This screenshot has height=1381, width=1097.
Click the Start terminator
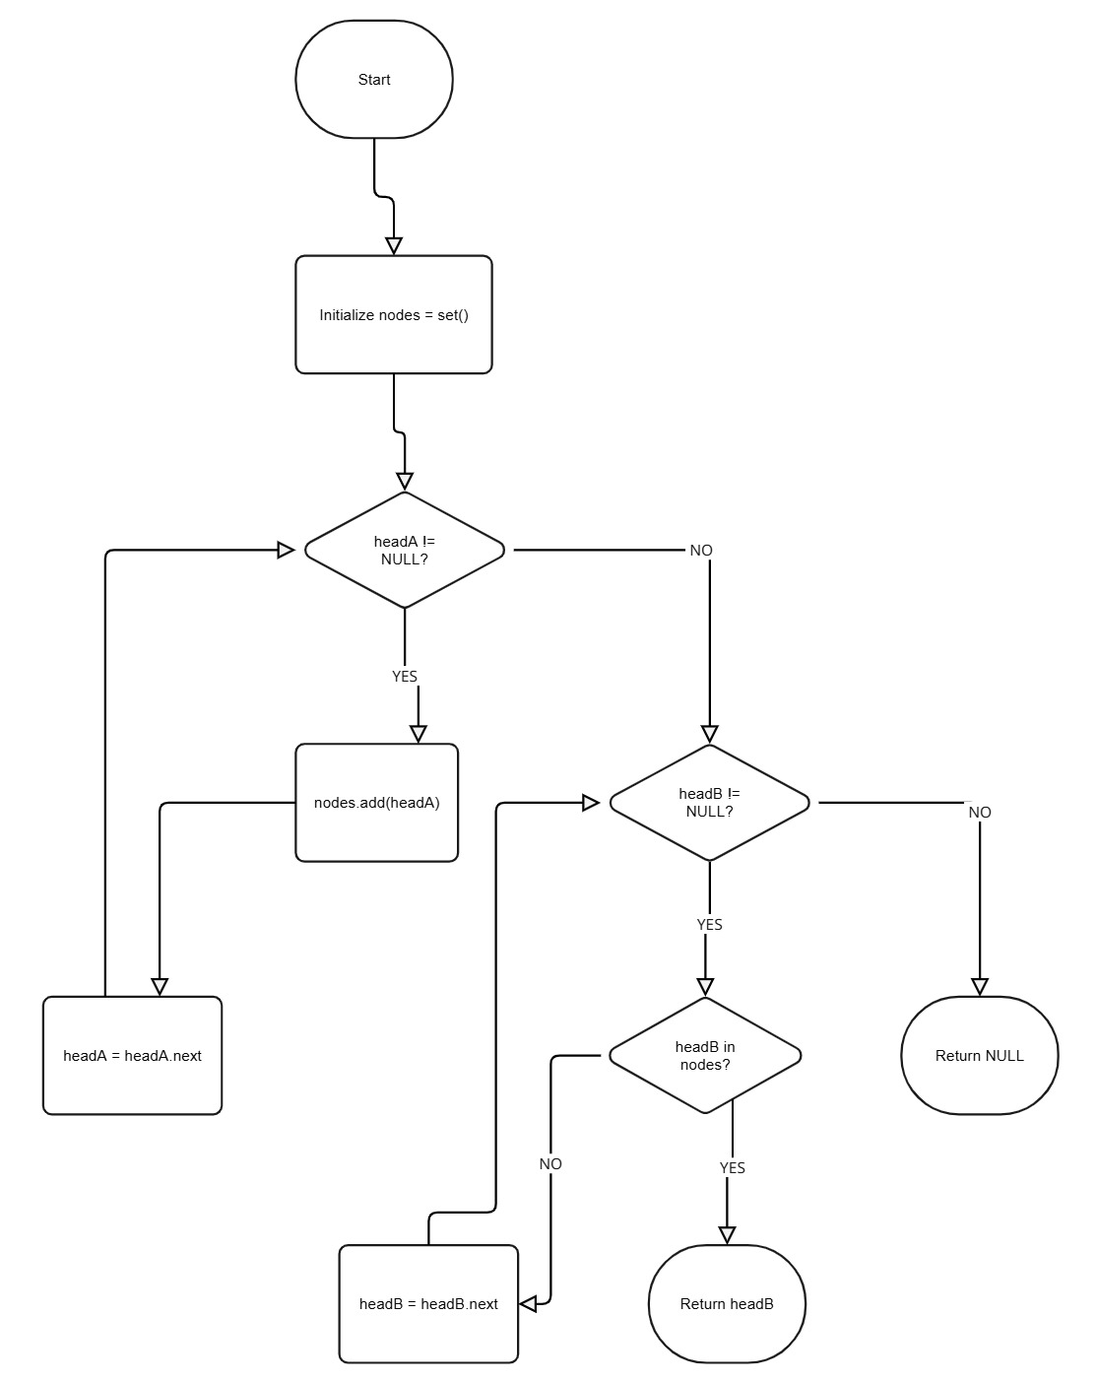pos(374,80)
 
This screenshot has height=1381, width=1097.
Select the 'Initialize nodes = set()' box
pos(394,315)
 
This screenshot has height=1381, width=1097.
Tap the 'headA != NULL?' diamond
pos(405,550)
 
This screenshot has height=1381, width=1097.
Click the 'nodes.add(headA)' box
pos(377,803)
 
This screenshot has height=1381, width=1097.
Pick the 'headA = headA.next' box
pos(133,1056)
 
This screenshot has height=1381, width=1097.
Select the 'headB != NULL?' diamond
pos(709,803)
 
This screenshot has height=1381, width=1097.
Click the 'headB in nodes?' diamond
pos(705,1055)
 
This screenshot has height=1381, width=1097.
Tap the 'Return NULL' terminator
pos(980,1056)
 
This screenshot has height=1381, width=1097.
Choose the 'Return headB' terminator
pos(727,1304)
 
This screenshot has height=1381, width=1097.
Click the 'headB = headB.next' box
pos(428,1304)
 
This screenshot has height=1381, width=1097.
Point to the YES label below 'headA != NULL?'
pos(405,677)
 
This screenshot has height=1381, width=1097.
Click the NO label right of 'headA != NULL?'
pos(701,551)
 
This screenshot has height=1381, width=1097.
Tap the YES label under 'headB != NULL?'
pos(709,925)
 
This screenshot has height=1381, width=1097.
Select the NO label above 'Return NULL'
pos(980,813)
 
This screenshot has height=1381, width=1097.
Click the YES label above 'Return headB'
pos(733,1168)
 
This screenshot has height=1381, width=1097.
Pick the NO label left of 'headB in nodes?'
pos(550,1164)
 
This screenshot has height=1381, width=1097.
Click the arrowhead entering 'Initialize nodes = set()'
pos(394,245)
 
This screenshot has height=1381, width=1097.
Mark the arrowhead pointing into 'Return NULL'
pos(980,986)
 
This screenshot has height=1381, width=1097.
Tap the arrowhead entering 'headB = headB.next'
pos(529,1304)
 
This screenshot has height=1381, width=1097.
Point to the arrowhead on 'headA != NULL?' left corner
pos(287,550)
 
